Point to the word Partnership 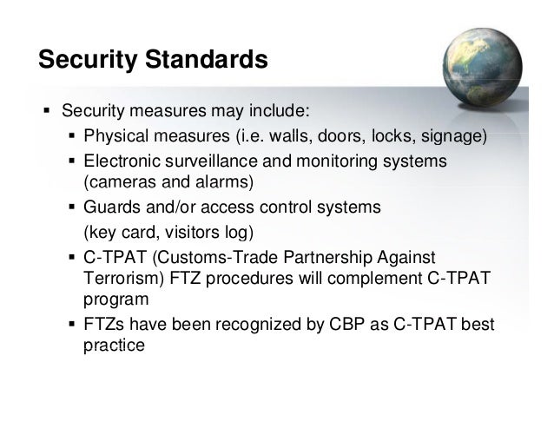point(333,258)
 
